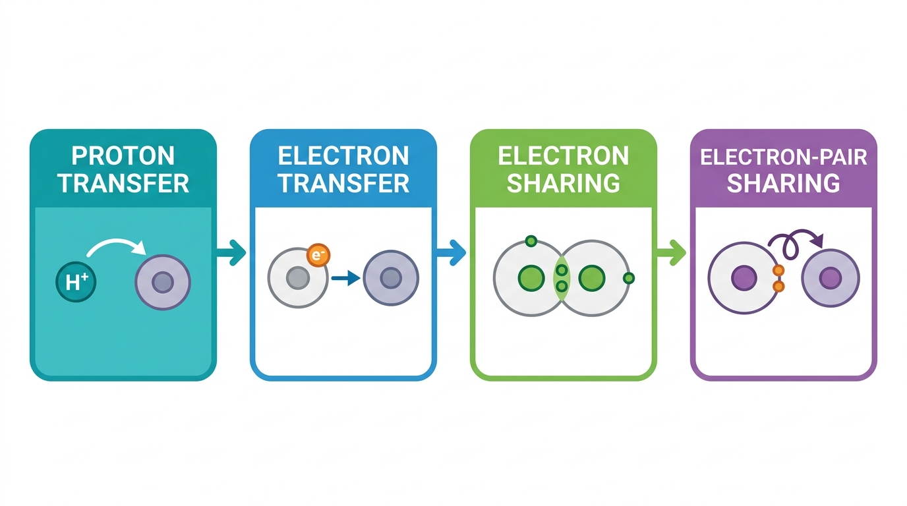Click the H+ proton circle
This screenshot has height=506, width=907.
point(76,282)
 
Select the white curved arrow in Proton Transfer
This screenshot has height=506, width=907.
point(116,240)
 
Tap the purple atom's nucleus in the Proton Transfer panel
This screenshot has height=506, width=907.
point(163,282)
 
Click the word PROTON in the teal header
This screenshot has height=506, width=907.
point(123,156)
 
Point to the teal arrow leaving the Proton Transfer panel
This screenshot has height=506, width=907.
point(231,252)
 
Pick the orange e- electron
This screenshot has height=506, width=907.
point(318,255)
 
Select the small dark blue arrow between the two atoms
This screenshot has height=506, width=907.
point(346,278)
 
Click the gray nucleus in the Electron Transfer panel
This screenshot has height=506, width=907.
point(298,277)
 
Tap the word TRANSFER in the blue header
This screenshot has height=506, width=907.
point(344,183)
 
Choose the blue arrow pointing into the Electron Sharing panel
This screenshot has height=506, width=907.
point(451,252)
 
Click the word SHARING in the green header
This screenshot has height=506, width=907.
point(563,183)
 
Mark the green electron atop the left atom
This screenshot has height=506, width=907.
point(531,242)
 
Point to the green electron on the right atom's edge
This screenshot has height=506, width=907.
point(628,278)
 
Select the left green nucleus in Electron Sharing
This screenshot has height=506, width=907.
point(531,278)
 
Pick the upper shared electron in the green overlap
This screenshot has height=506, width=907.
point(562,270)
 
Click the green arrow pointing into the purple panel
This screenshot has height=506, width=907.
point(671,252)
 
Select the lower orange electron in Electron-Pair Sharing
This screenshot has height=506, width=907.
point(778,287)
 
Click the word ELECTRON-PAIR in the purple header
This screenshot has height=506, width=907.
point(784,157)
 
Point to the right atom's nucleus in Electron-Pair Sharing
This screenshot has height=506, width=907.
point(831,278)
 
